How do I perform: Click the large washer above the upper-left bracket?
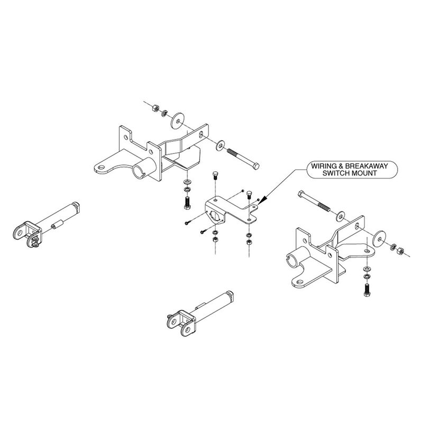(x=176, y=120)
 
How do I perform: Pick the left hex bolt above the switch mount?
(x=215, y=175)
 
